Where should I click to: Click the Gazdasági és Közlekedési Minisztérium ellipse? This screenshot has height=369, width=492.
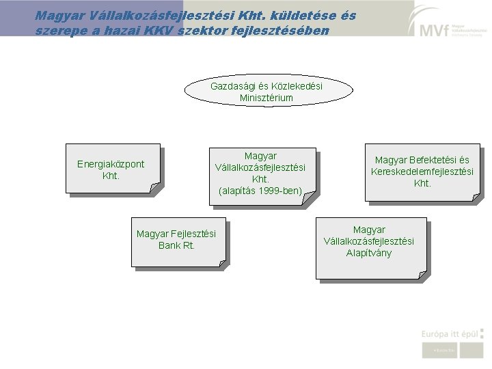click(x=266, y=92)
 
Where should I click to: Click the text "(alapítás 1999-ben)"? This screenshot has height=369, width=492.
click(x=260, y=191)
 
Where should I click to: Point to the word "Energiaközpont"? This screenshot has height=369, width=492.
click(x=111, y=164)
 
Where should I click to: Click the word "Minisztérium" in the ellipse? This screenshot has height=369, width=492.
click(x=266, y=98)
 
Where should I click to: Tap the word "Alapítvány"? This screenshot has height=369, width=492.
click(x=369, y=253)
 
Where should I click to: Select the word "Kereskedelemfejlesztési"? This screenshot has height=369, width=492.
click(x=422, y=172)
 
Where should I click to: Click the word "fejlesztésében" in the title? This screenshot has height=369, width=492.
click(x=289, y=31)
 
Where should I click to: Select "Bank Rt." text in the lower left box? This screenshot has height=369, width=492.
click(x=176, y=245)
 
